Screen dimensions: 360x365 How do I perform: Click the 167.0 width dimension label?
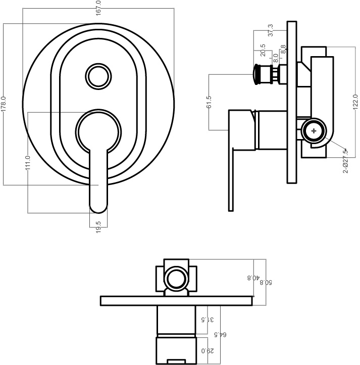coord(98,8)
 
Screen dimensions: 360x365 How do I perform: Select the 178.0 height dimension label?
coord(4,104)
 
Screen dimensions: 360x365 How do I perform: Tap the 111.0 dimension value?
coord(28,162)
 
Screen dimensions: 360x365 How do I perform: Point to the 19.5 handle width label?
coord(98,227)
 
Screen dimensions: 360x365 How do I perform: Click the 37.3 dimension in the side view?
coord(271,30)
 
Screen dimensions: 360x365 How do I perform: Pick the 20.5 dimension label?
coord(263,50)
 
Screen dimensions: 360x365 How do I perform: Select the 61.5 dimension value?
coord(209,102)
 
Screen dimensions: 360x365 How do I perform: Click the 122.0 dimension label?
coord(355,102)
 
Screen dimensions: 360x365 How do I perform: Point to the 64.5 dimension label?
coord(220,335)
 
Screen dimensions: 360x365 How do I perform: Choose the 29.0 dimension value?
coord(208,351)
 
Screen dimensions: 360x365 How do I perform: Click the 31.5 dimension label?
coord(208,320)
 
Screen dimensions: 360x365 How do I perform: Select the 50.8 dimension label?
coord(266,283)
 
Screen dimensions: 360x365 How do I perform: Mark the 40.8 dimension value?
coord(253,278)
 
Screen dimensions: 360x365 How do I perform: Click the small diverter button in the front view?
coord(98,76)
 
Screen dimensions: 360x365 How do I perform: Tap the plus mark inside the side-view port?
coord(314,131)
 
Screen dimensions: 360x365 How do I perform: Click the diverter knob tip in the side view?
coord(256,74)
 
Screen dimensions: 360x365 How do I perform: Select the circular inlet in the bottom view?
coord(176,279)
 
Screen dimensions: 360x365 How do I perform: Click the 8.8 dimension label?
coord(283,50)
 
